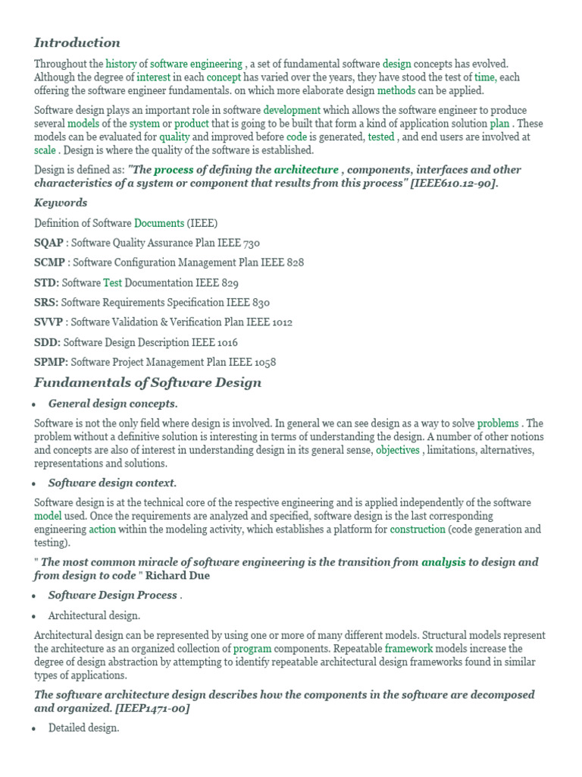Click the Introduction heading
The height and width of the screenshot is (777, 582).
pos(77,42)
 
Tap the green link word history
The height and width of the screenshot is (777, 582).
pos(120,64)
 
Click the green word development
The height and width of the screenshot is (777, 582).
pos(292,110)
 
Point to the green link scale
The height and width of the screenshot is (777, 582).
pos(45,150)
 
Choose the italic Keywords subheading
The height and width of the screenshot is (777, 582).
pos(61,203)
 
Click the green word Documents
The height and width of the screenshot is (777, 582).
pos(159,223)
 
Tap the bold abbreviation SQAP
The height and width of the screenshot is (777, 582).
pos(49,243)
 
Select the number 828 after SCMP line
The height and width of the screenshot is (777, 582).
pos(294,263)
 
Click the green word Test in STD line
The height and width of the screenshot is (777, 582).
pos(112,282)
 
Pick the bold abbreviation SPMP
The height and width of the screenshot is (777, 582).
pos(51,362)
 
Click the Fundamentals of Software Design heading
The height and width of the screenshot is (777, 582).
pos(148,382)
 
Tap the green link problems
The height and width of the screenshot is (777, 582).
pos(498,423)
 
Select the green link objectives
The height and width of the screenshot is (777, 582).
pos(398,450)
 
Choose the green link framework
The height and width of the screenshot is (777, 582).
pos(408,649)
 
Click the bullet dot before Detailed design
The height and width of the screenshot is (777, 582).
pos(36,728)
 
